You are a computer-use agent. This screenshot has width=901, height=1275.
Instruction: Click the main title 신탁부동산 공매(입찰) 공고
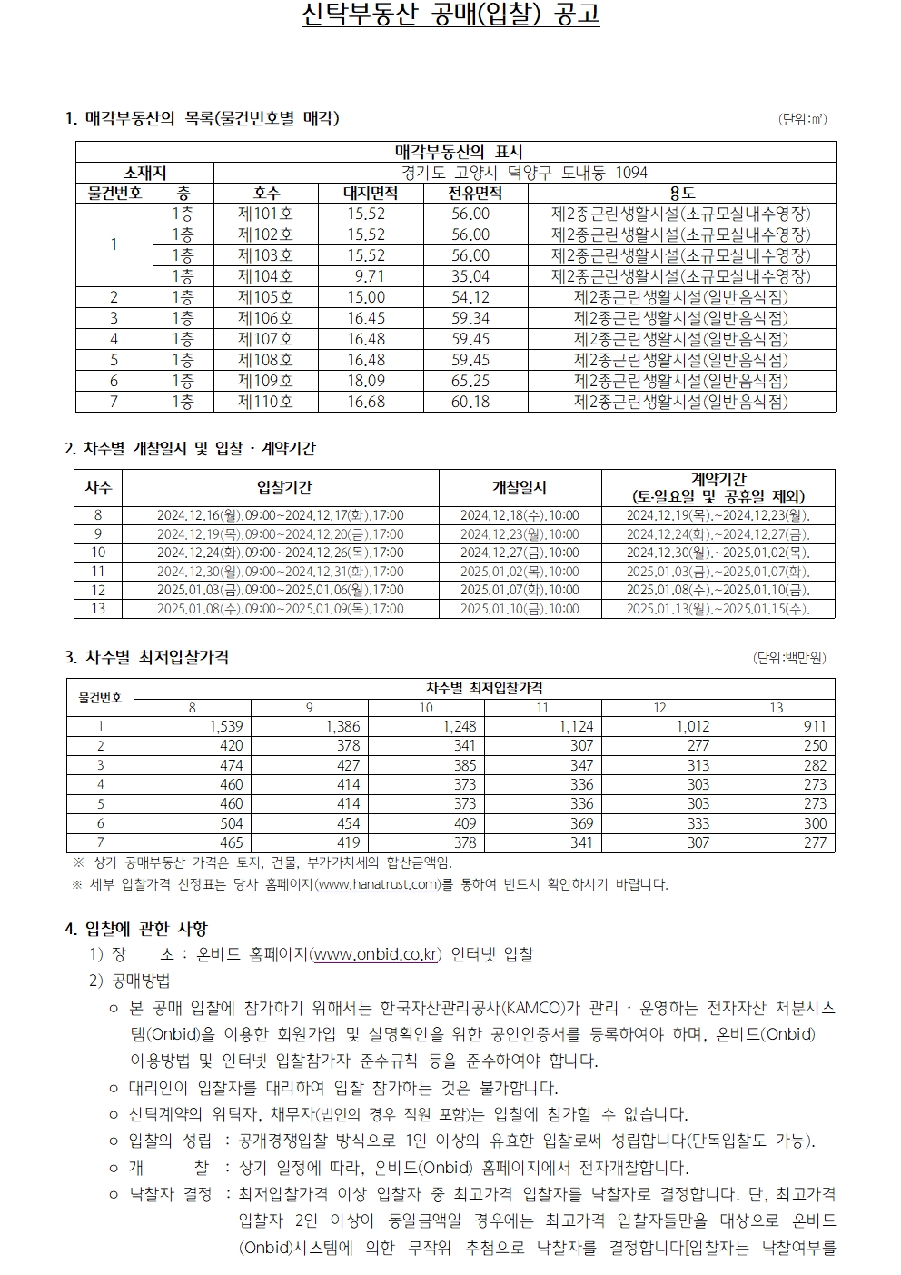[x=450, y=15]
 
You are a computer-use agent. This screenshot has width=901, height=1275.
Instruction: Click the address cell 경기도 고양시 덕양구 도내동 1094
[x=524, y=173]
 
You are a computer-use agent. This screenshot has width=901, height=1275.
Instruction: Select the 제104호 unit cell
[x=265, y=276]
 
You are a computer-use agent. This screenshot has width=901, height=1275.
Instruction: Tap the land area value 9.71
[x=369, y=276]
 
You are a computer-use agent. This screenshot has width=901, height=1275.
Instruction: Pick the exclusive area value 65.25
[x=470, y=381]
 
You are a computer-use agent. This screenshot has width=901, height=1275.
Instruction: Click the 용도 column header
[x=681, y=193]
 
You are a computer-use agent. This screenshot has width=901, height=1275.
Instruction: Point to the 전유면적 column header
[x=475, y=193]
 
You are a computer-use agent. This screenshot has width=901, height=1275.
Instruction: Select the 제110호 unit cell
[x=265, y=402]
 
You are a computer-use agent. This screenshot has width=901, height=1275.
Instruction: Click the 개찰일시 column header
[x=519, y=488]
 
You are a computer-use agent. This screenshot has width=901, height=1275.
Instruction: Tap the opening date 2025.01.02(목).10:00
[x=519, y=572]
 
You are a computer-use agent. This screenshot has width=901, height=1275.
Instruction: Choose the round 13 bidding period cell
[x=280, y=609]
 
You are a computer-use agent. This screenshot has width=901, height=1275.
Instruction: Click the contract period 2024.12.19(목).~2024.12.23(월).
[x=718, y=515]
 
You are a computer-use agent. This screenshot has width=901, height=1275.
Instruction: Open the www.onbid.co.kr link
[x=375, y=955]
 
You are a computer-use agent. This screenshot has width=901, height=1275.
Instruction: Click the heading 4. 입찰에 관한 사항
[x=136, y=929]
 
